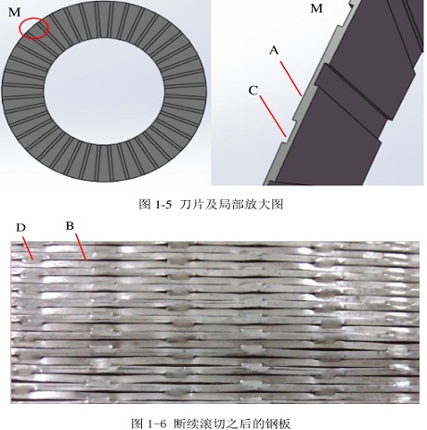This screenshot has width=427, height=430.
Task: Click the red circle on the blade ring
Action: tap(19, 28)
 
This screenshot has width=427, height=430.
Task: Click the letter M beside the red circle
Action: tap(15, 12)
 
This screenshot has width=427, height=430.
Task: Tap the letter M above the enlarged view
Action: tap(317, 8)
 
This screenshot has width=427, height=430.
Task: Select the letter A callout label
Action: tap(274, 50)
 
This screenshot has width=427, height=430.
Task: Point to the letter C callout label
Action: tap(253, 91)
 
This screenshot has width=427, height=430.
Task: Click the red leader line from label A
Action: tap(291, 79)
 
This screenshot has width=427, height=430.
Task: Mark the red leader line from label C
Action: tap(273, 116)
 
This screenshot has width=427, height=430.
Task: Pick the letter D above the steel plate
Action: tap(20, 228)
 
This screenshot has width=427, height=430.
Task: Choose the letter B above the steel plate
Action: tap(70, 226)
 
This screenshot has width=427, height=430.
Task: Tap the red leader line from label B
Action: tap(81, 247)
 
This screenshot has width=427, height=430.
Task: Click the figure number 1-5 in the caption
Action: tap(162, 205)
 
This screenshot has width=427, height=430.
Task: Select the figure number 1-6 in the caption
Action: tap(157, 423)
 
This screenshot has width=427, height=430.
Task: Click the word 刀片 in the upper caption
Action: tap(190, 205)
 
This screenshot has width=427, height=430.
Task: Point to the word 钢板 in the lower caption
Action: tap(279, 423)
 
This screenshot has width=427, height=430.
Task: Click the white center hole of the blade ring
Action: tap(104, 90)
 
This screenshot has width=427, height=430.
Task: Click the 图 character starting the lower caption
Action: tap(137, 423)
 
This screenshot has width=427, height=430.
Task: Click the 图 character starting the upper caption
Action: tap(145, 205)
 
